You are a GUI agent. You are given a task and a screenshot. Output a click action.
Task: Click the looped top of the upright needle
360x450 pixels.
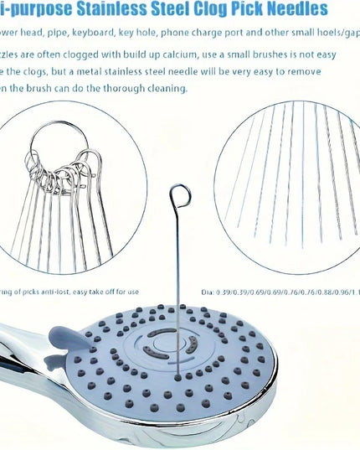point(179,199)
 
